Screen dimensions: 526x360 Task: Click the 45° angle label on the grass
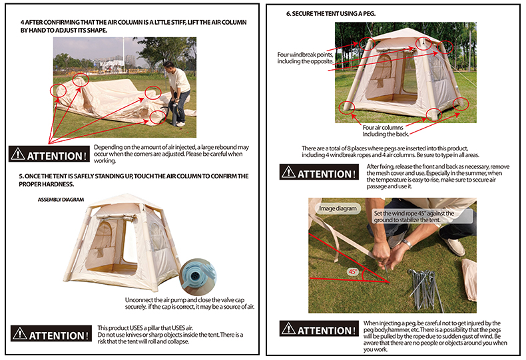click(353, 271)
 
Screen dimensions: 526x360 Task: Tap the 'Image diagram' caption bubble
click(338, 208)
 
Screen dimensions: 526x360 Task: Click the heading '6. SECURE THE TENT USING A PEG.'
click(331, 14)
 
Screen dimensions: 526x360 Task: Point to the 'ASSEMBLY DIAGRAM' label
click(61, 200)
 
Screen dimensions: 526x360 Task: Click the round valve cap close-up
click(198, 276)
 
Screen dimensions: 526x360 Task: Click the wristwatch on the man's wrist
click(407, 243)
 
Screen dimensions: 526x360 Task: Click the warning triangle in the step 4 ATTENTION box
click(17, 154)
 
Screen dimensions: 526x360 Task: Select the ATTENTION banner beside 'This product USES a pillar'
click(51, 333)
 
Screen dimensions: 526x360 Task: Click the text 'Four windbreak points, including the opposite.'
click(305, 58)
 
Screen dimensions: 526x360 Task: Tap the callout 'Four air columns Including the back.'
click(386, 130)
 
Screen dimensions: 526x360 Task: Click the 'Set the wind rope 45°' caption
click(414, 216)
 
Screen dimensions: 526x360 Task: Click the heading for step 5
click(134, 180)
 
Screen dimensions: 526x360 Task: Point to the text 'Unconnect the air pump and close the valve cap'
click(184, 300)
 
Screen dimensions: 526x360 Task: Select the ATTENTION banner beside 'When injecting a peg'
click(319, 328)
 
